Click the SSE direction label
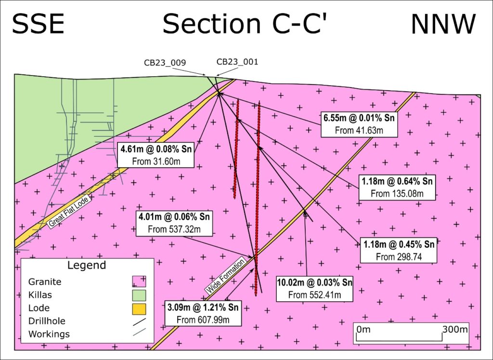(38, 24)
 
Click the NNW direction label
(443, 24)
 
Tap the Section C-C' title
(245, 24)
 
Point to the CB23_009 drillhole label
(165, 63)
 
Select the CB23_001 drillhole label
(237, 62)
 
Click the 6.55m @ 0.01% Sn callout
(360, 124)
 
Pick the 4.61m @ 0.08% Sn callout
(156, 155)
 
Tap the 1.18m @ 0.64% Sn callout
(398, 187)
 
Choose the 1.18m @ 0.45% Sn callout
(399, 250)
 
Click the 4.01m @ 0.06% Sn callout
(174, 223)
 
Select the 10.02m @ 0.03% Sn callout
(315, 288)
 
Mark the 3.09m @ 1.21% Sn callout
(202, 313)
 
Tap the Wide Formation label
(225, 275)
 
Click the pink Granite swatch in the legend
(139, 281)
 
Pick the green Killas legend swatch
(139, 294)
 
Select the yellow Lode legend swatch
(139, 308)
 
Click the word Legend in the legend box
(87, 265)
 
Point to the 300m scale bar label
(455, 330)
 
